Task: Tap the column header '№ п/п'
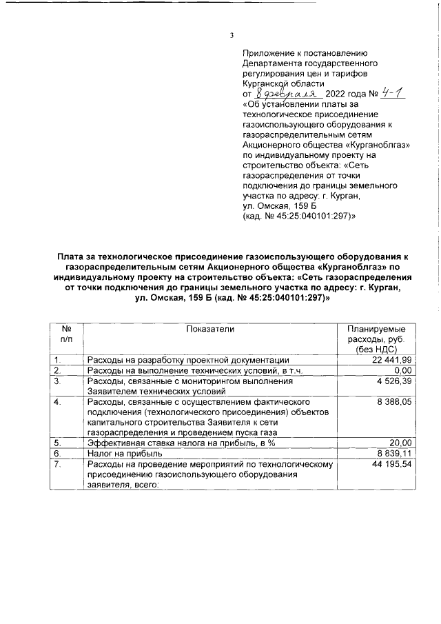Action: (x=67, y=334)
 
